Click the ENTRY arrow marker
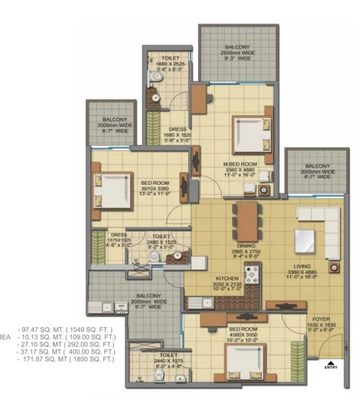tap(330, 363)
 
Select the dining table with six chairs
tap(246, 221)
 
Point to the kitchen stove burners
tap(252, 276)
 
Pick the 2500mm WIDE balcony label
tap(237, 53)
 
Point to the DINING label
tap(246, 246)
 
